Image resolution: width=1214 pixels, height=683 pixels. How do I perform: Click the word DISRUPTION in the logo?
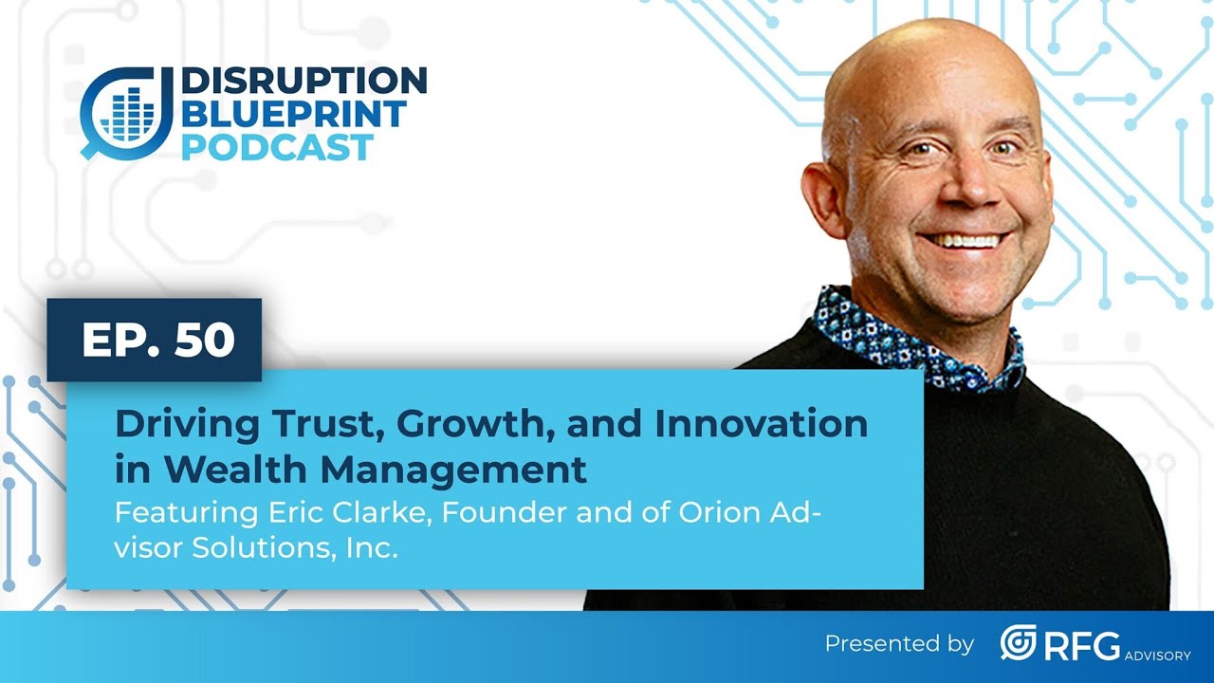tap(303, 82)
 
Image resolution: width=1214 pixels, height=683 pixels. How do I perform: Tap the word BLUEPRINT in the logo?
tap(293, 115)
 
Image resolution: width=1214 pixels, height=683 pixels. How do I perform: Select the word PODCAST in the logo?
tap(277, 147)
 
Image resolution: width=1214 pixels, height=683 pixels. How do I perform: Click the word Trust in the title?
tap(307, 423)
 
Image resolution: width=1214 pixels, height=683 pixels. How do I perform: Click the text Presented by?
tap(899, 644)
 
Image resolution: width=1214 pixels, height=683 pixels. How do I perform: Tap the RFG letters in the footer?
tap(1082, 643)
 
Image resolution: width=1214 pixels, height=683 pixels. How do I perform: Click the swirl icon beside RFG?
tap(1018, 643)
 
